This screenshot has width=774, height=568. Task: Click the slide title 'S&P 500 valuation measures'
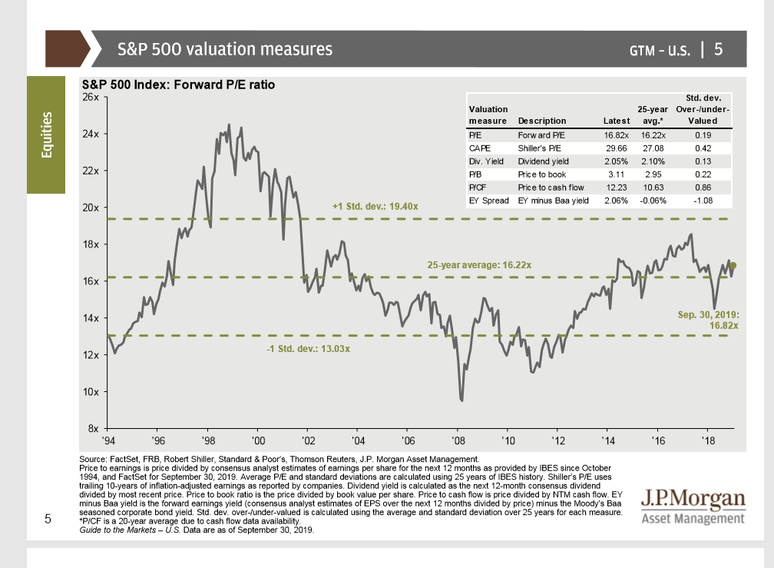tap(225, 49)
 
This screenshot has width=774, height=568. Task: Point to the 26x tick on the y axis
tap(90, 97)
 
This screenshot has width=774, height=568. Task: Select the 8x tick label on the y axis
tap(92, 428)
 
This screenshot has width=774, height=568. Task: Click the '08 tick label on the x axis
tap(458, 440)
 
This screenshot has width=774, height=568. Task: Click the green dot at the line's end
tap(733, 265)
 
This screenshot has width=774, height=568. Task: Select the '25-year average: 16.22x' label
tap(479, 264)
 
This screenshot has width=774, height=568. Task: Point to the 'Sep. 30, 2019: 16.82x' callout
tap(707, 320)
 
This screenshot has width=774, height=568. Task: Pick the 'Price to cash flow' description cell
tap(551, 187)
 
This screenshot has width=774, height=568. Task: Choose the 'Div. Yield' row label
tap(485, 161)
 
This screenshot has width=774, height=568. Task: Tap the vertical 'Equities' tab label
tap(47, 135)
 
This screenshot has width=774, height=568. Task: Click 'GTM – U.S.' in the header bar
tap(660, 50)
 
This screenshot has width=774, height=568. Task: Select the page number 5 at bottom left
tap(48, 520)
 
